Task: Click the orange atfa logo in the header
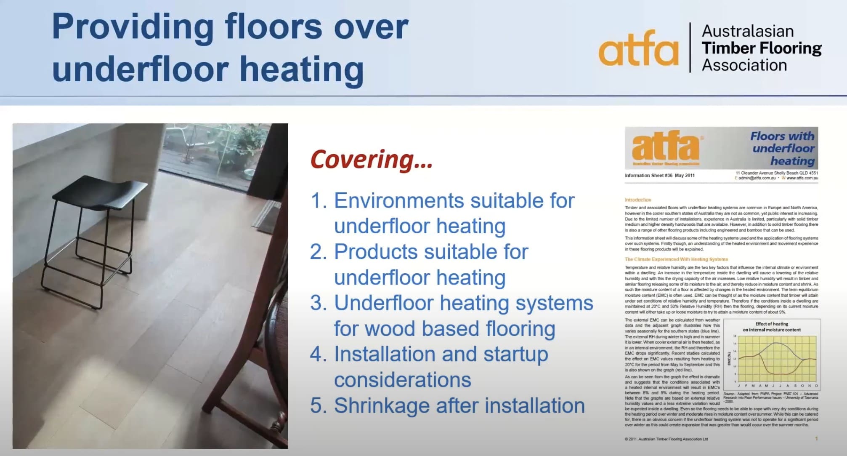click(638, 49)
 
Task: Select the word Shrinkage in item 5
click(382, 406)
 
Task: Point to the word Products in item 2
click(375, 252)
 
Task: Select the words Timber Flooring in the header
click(761, 48)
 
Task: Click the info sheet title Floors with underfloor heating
click(783, 148)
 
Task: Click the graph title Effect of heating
click(772, 324)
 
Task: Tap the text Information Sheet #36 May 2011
click(659, 176)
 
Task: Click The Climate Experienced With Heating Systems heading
click(676, 259)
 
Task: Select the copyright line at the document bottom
click(666, 439)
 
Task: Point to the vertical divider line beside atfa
click(690, 47)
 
